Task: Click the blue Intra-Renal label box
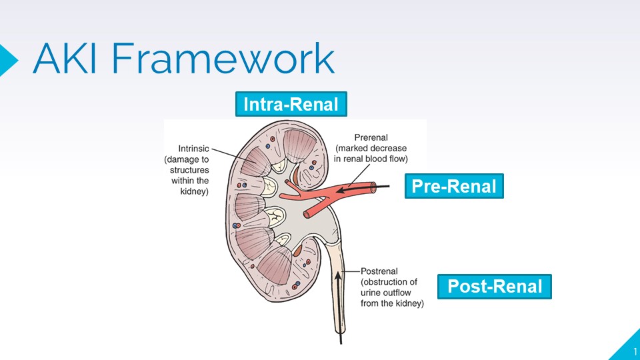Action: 291,105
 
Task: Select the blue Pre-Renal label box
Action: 453,186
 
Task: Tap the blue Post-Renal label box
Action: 495,287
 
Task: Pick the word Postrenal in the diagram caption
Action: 379,271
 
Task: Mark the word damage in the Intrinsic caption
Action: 185,159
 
